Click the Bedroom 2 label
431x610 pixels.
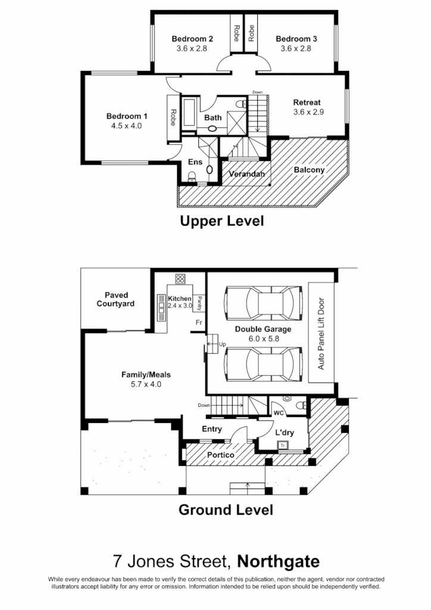[192, 39]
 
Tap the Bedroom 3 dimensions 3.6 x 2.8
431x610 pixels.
[296, 49]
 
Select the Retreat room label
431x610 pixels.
[307, 102]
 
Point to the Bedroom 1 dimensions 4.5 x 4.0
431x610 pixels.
[126, 126]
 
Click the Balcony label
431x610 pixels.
[310, 170]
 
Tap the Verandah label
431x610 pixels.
[247, 175]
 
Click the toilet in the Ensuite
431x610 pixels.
[192, 176]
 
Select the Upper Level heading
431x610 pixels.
[222, 222]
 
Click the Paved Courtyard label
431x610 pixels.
[117, 299]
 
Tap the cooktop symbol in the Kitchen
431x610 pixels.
[180, 279]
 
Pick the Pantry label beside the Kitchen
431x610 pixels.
[201, 304]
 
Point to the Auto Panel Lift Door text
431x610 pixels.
[321, 334]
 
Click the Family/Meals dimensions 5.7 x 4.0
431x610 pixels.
[146, 384]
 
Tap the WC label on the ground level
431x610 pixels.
[278, 412]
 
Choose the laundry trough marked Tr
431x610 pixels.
[283, 444]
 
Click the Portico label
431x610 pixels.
[220, 456]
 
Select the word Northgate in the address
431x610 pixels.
[278, 561]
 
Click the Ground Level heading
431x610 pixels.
[226, 510]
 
